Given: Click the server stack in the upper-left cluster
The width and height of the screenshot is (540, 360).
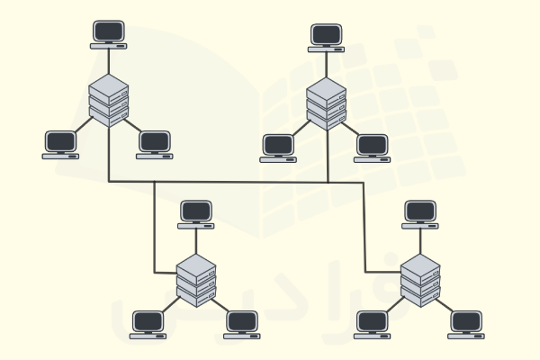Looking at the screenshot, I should coord(109,101).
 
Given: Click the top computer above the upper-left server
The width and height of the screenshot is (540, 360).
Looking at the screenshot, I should coord(109,32).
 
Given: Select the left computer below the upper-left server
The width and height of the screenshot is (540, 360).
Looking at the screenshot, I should coord(61,143).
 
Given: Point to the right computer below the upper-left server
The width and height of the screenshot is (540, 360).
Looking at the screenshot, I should coord(155,143).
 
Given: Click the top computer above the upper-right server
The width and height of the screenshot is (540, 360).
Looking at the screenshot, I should coord(327,36).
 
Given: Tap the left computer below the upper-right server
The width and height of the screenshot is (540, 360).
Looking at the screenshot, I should coord(279,146).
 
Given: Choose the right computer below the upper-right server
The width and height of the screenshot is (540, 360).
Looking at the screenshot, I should coord(373,146).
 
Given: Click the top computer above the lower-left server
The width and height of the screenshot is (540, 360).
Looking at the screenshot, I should coord(196,213).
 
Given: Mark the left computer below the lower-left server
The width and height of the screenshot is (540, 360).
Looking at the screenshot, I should coord(148,322).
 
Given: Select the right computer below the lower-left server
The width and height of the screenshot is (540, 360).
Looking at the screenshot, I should coord(242,322).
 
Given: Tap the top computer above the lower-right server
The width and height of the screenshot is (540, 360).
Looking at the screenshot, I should coord(419,213).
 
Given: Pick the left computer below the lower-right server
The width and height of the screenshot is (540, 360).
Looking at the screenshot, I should coord(372,322).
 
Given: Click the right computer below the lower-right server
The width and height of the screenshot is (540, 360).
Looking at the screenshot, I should coord(465,322).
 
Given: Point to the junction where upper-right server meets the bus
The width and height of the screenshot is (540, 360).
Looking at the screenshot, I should coord(328,182).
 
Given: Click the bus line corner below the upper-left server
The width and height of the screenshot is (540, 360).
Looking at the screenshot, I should coord(109,182).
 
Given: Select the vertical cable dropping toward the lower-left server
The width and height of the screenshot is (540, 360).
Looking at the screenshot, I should coord(155,225).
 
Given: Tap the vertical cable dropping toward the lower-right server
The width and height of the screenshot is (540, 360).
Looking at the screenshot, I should coord(364,225).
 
